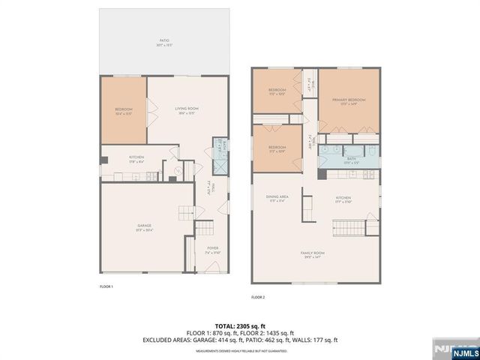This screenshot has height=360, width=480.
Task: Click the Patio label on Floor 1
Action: (163, 42)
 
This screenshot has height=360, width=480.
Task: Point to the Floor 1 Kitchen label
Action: (136, 158)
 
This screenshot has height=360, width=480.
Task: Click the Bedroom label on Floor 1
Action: (123, 111)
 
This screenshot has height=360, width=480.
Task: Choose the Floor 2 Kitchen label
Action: (343, 199)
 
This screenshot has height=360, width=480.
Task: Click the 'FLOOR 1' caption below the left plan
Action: (106, 287)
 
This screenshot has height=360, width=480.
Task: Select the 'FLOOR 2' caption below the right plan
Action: (258, 298)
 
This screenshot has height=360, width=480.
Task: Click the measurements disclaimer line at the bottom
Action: (239, 350)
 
